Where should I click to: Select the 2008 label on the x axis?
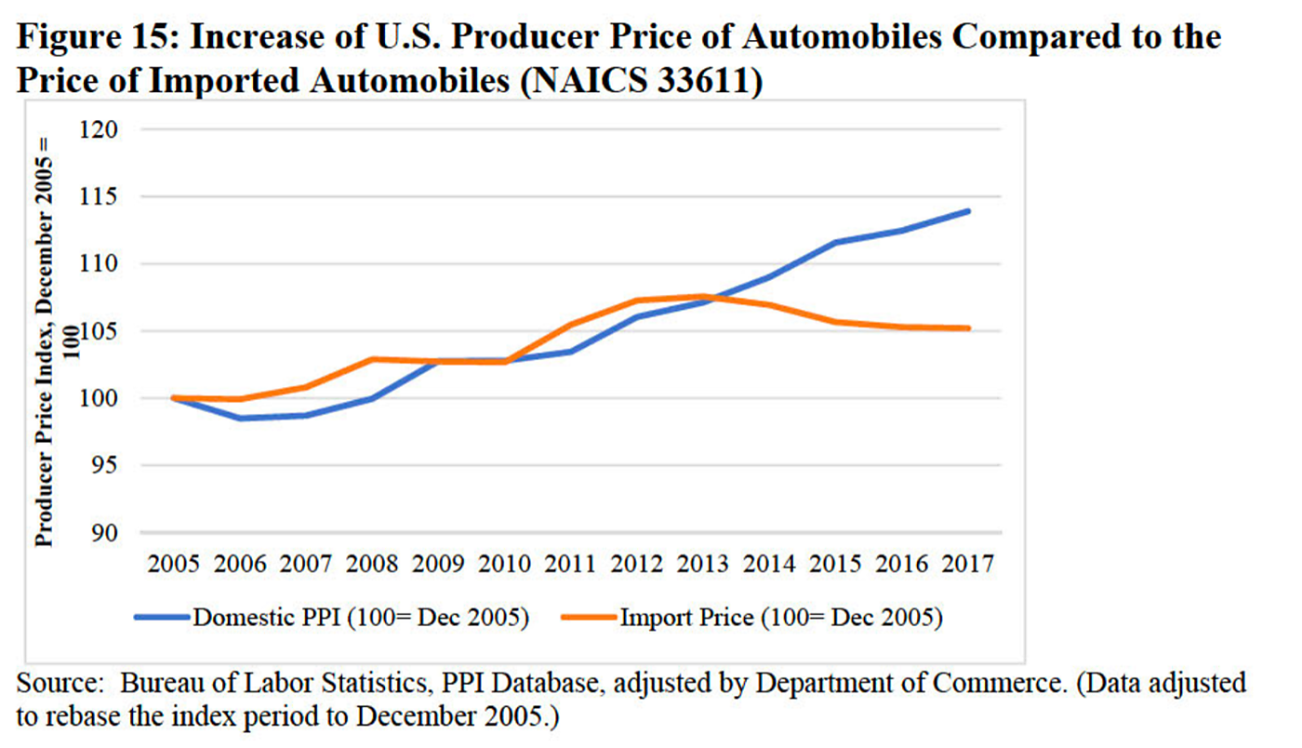[x=372, y=564]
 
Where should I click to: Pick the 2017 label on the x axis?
[x=968, y=564]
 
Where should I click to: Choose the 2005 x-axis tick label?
[x=173, y=564]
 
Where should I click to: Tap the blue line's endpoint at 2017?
[x=968, y=211]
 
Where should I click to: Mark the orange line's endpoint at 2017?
[x=968, y=327]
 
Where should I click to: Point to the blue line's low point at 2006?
[x=240, y=418]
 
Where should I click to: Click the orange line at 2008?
[x=372, y=359]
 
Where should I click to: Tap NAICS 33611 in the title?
[x=644, y=81]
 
